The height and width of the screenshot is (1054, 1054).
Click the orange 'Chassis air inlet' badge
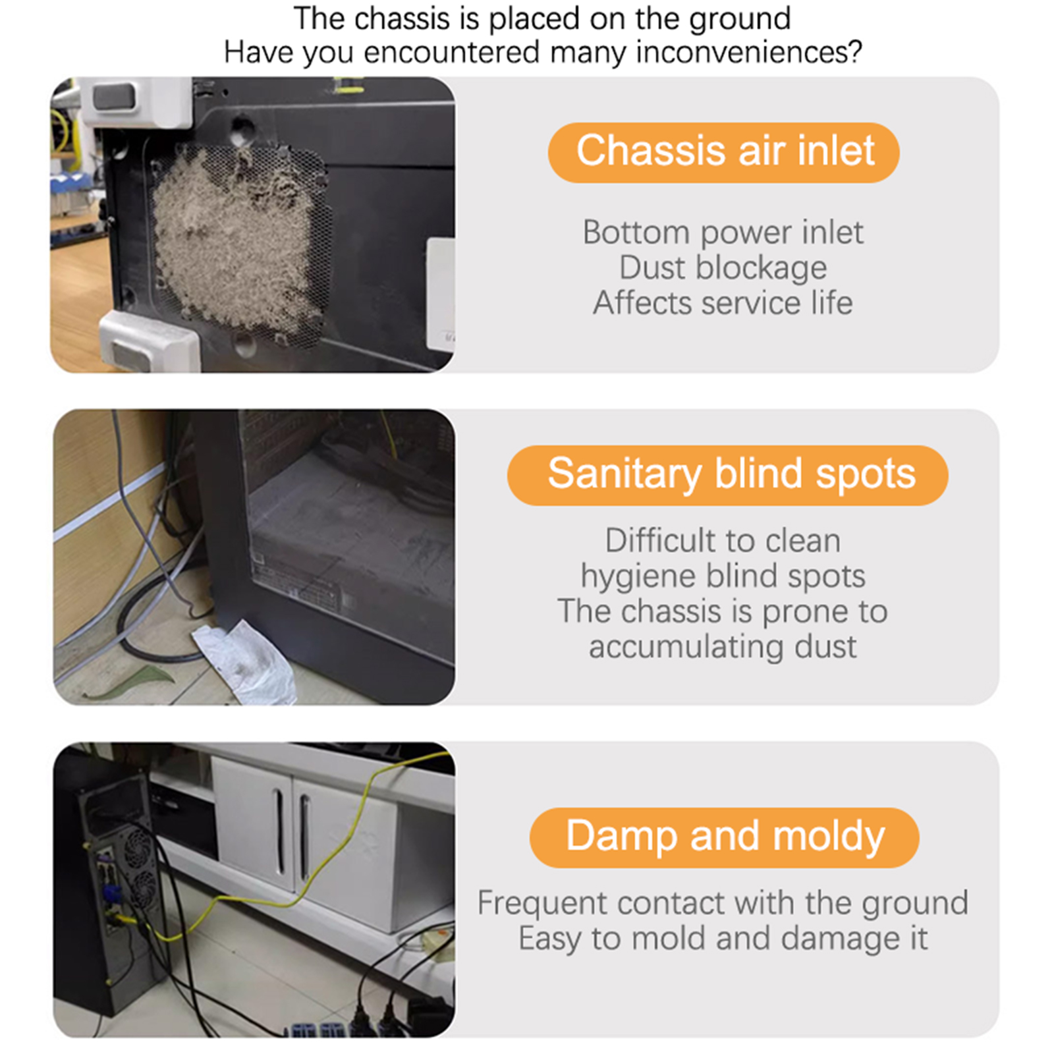pos(723,152)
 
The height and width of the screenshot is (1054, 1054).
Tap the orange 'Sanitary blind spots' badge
pos(727,475)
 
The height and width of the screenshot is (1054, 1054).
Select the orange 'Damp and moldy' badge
pos(724,837)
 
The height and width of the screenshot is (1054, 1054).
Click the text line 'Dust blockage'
pos(723,267)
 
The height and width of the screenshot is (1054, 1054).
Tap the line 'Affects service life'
pos(723,303)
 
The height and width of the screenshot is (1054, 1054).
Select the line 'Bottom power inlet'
pos(723,233)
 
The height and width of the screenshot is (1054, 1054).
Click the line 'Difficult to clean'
pos(723,541)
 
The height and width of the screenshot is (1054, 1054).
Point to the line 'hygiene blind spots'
pos(723,576)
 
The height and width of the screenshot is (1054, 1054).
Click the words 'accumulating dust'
pos(723,646)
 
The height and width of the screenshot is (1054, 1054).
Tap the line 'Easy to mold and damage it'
pos(723,938)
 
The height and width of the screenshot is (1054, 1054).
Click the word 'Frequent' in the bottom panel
pos(533,903)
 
